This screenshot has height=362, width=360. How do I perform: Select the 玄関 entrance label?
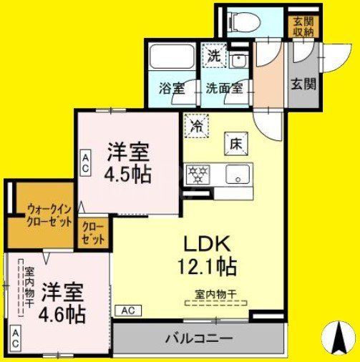303,83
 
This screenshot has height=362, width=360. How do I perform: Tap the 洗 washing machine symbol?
214,54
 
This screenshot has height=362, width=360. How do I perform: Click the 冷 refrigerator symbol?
195,126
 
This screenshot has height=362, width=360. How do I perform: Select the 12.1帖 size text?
207,266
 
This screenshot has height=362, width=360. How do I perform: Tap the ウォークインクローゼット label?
49,215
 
